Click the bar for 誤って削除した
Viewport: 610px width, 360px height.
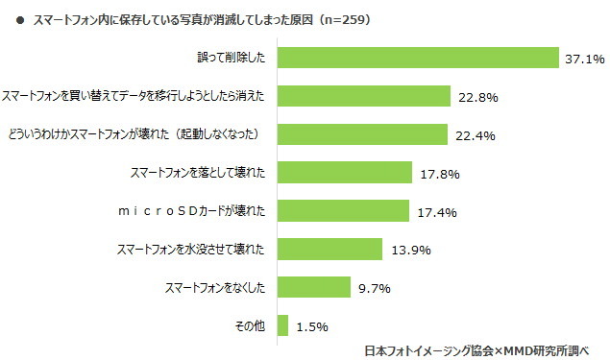418,59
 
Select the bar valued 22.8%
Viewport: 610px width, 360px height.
364,96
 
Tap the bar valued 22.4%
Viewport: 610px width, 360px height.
363,134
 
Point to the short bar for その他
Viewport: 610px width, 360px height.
282,325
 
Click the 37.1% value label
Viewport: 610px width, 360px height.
584,60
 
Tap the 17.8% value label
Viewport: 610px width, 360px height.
441,174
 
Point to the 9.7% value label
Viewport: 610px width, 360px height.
375,288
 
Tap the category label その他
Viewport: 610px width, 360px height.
252,325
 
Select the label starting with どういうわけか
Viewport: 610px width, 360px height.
141,134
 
